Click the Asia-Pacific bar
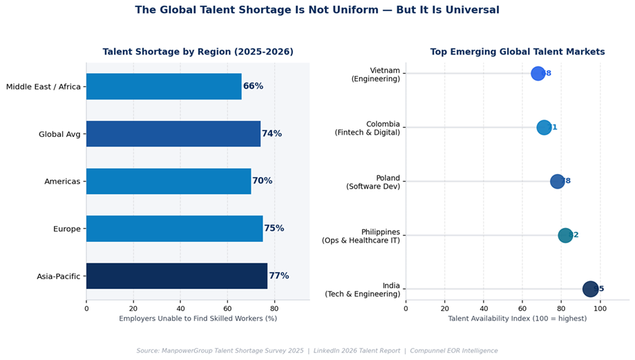(176, 276)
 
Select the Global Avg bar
(173, 133)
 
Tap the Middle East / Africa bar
(164, 86)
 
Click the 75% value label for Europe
(274, 228)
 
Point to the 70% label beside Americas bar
(262, 181)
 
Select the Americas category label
(61, 181)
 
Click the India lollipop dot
(590, 289)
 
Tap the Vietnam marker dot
(538, 73)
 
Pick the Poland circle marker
(557, 181)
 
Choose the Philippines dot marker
(565, 235)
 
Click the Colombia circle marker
(544, 127)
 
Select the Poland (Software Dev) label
(373, 182)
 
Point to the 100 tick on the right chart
(600, 308)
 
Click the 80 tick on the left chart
(274, 308)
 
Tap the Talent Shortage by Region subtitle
(198, 52)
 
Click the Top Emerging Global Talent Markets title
(517, 52)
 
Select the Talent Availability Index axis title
(517, 319)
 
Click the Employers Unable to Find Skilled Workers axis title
(198, 319)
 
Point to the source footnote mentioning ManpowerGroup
(317, 350)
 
